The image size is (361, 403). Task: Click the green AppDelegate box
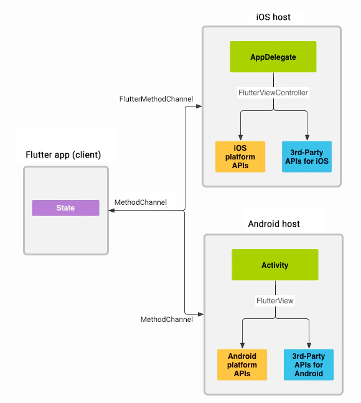click(273, 57)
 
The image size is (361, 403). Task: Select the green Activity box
click(274, 265)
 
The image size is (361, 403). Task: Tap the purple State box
click(65, 208)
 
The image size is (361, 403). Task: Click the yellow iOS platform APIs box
click(240, 156)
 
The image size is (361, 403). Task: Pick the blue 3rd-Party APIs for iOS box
click(307, 156)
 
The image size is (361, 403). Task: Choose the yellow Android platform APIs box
click(242, 364)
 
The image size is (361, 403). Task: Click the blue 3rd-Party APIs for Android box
click(308, 364)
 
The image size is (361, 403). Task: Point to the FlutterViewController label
click(273, 93)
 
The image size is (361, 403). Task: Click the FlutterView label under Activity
click(274, 300)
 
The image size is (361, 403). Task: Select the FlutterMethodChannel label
click(156, 99)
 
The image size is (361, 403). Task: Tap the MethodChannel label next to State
click(140, 202)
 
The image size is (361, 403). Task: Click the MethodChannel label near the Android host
click(166, 320)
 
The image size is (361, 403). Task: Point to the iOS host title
click(273, 17)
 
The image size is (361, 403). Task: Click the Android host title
click(274, 224)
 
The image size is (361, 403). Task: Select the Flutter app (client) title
click(63, 154)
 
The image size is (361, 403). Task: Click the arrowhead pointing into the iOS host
click(199, 107)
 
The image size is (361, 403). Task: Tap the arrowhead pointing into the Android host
click(200, 313)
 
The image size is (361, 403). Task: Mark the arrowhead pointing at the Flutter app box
click(112, 211)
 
